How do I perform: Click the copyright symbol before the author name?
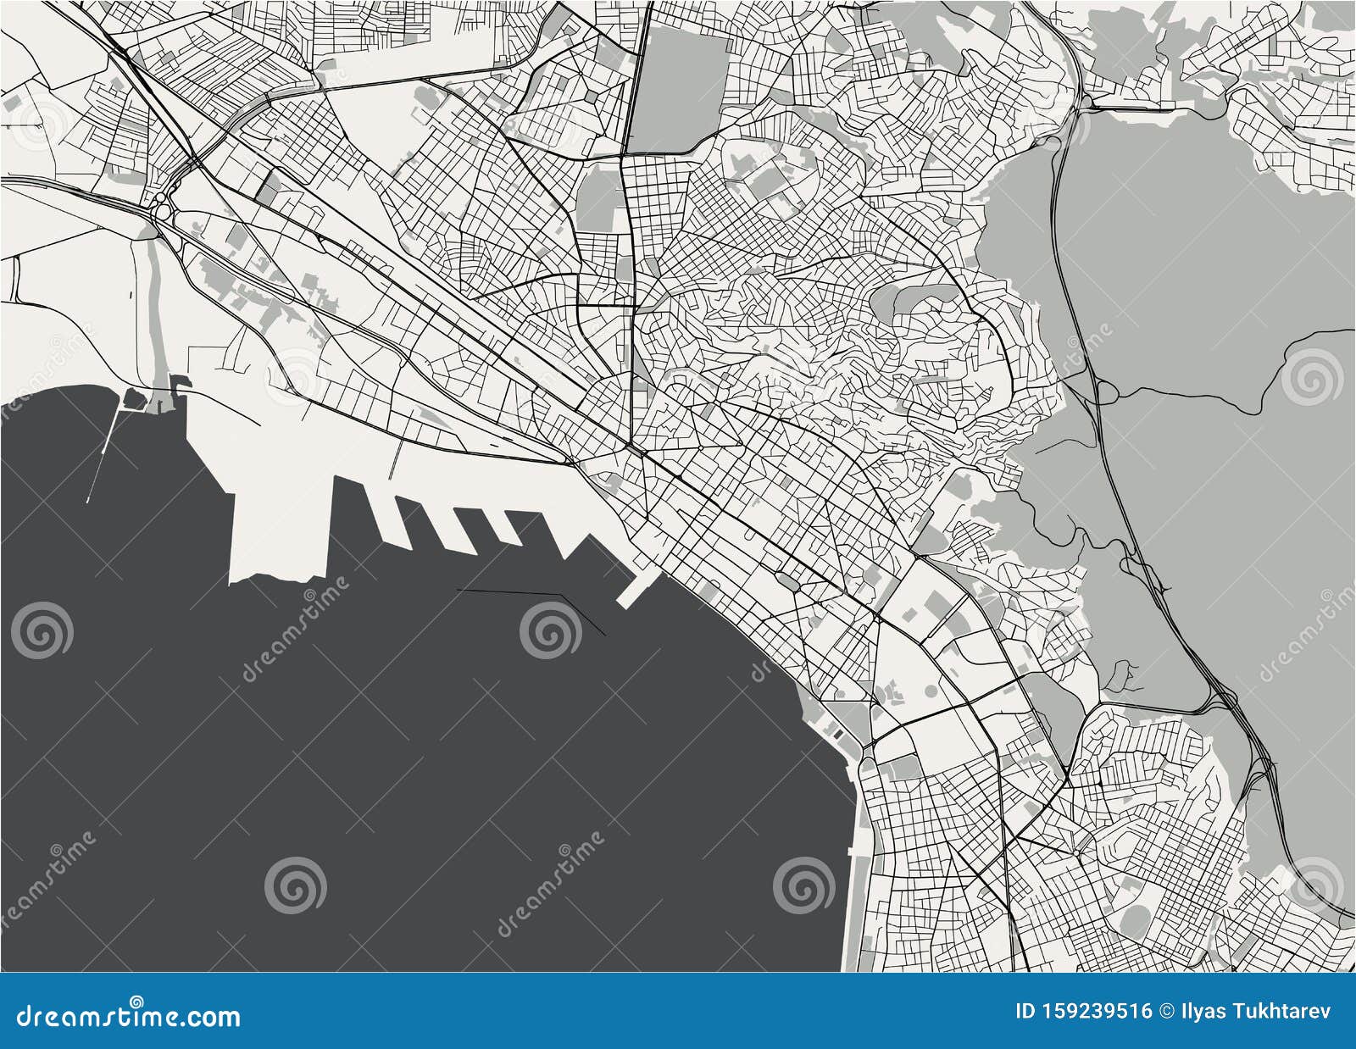point(1167,1011)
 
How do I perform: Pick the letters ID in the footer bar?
point(1025,1011)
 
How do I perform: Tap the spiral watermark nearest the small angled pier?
point(550,631)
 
